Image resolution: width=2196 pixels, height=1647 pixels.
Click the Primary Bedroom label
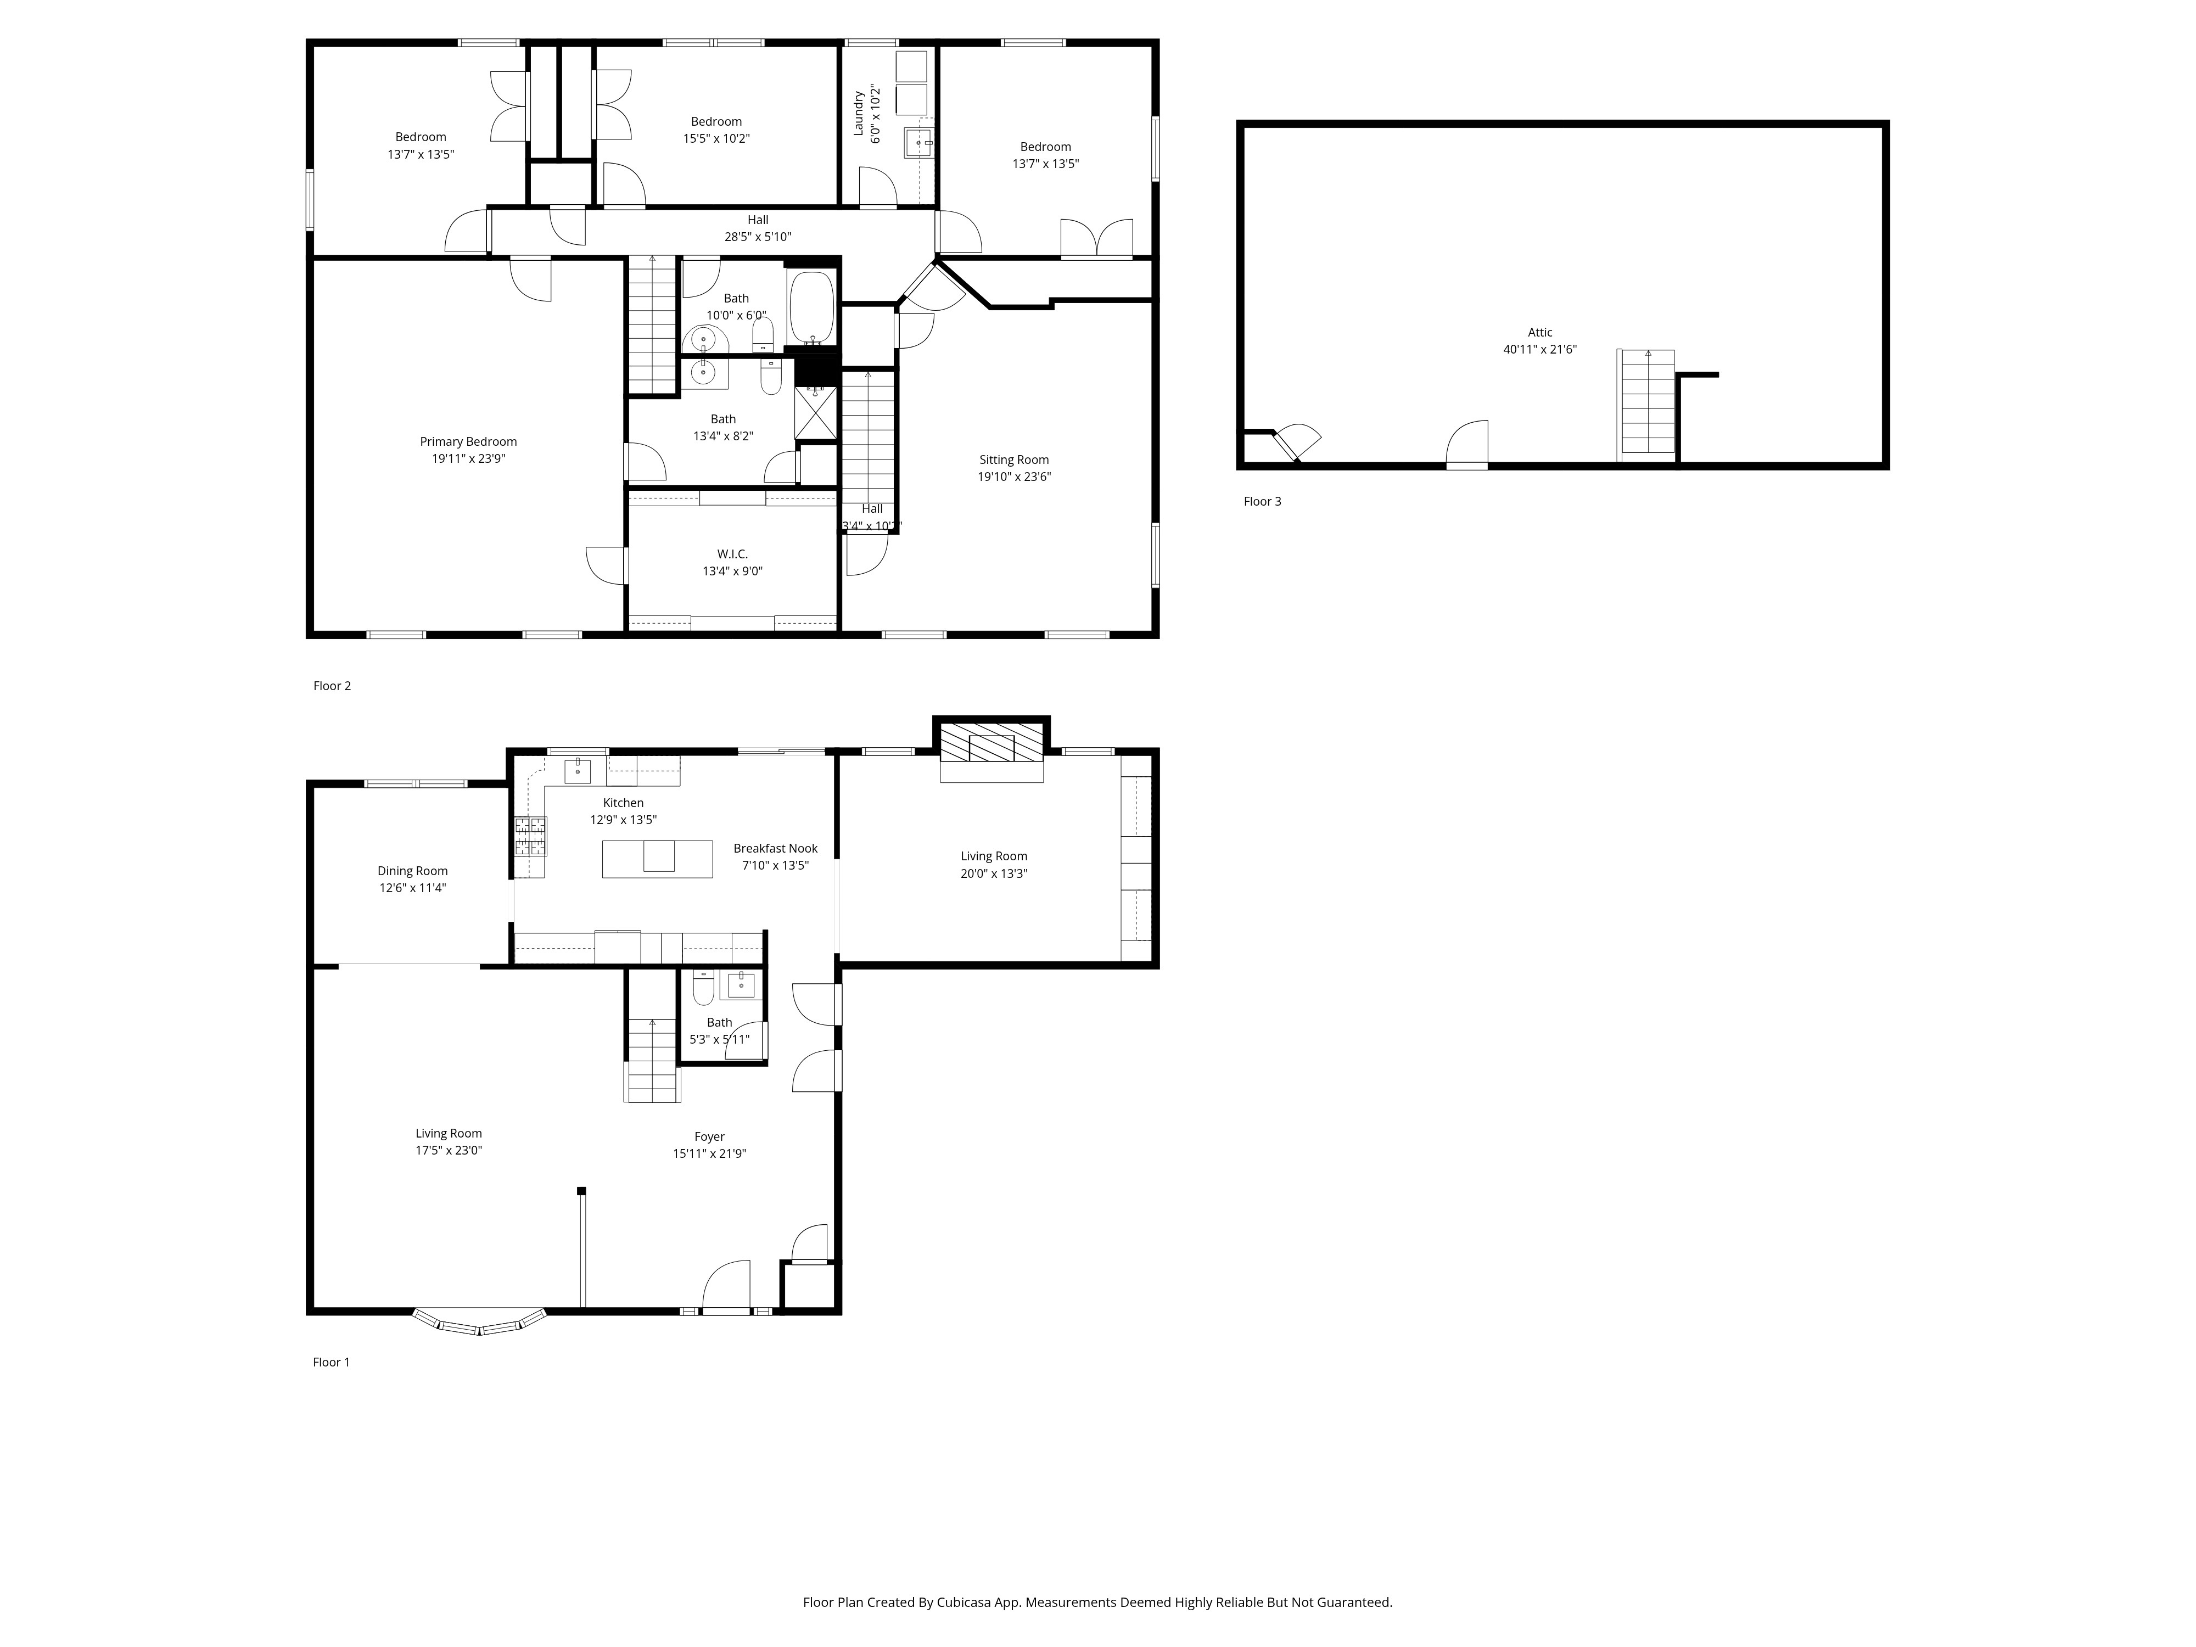click(468, 442)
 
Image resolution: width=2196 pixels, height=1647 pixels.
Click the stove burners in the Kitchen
click(530, 836)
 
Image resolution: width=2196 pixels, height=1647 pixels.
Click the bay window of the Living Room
click(479, 1323)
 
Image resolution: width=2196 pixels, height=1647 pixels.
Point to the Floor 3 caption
click(1262, 501)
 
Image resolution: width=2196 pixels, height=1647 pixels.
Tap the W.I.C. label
click(732, 554)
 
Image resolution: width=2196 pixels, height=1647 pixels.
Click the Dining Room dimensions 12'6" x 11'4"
click(412, 888)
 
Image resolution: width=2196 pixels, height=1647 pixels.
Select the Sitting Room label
click(1013, 460)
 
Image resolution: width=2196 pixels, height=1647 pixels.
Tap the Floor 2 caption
click(332, 686)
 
